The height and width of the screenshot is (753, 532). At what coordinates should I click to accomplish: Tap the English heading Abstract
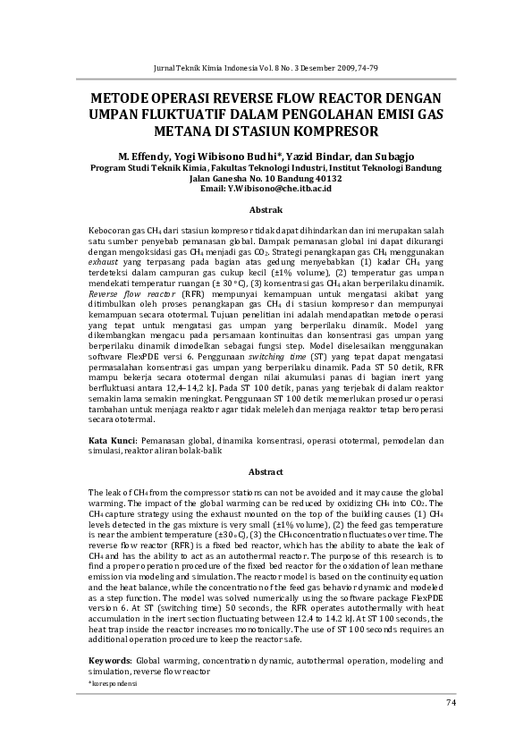(266, 471)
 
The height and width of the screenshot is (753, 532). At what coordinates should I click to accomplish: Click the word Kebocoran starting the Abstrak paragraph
(108, 230)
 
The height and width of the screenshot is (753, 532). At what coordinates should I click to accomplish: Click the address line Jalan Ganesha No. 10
(233, 178)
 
